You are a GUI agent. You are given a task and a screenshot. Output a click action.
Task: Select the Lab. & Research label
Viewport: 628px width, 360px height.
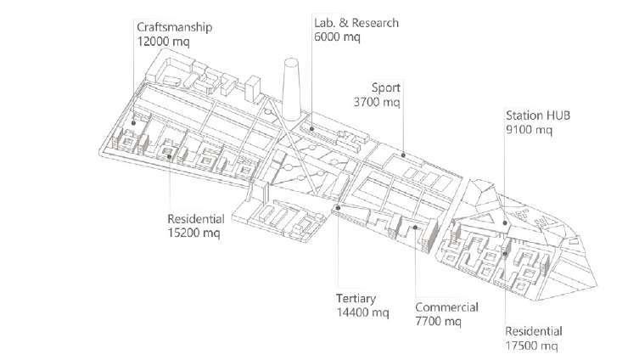356,23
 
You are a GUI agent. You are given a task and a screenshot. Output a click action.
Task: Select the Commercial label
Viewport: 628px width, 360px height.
446,307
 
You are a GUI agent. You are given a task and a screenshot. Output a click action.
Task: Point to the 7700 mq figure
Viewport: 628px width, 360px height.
438,321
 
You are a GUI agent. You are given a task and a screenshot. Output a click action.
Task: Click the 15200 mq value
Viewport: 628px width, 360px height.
193,233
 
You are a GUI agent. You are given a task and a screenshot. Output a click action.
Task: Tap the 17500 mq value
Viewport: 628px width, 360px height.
532,345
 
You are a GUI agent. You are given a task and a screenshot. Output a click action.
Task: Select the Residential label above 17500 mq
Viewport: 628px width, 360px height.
534,331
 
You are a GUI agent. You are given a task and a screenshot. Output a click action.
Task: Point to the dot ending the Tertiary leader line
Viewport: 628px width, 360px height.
337,207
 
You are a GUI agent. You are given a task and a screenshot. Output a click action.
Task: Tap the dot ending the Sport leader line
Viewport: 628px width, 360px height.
403,155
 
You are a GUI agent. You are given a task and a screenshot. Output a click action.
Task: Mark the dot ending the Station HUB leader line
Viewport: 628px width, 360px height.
504,224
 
